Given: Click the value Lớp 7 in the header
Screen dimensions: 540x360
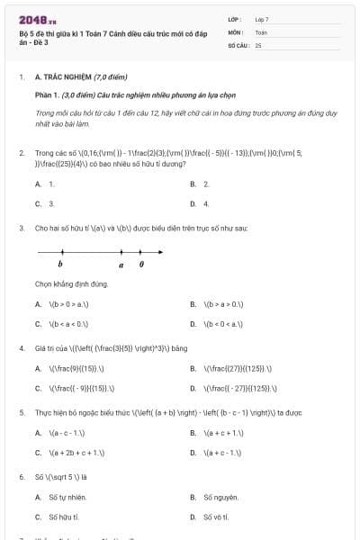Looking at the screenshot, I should pos(262,19).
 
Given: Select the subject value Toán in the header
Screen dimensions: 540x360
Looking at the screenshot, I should pos(261,31).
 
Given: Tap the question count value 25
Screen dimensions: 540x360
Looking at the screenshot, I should pos(258,44).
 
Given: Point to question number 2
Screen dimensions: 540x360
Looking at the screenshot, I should pos(22,153).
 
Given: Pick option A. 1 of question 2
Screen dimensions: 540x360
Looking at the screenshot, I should pos(45,184).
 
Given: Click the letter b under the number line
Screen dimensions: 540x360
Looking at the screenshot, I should pos(60,265).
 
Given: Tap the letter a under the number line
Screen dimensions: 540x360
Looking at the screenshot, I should pos(121,265).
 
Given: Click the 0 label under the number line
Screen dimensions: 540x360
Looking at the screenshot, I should pos(141,265).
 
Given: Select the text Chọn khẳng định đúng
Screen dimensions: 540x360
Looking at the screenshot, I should pos(72,284).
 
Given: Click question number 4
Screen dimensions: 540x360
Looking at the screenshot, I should pos(22,347).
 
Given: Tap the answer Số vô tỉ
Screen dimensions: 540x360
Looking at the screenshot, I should pos(215,517).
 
